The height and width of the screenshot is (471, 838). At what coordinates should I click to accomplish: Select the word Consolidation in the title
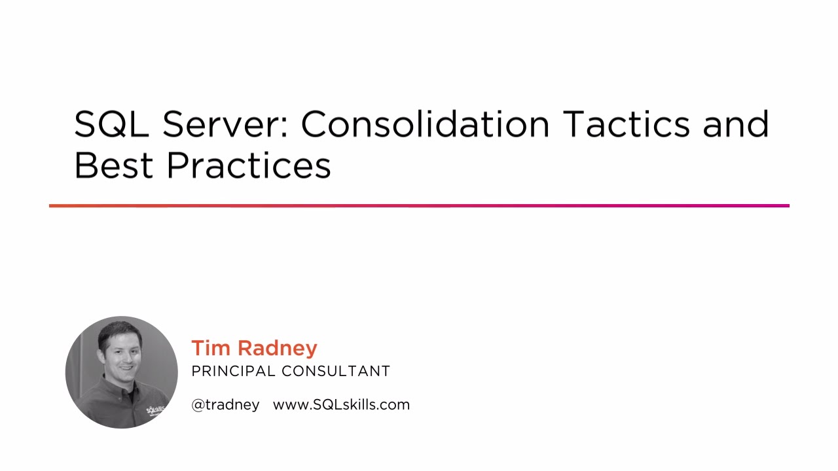(425, 124)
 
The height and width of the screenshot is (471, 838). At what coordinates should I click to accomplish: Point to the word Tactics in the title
(626, 124)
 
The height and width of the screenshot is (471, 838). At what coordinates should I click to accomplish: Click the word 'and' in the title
(736, 124)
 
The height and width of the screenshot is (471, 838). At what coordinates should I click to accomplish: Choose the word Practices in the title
(249, 166)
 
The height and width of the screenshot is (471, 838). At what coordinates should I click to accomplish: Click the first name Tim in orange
(211, 348)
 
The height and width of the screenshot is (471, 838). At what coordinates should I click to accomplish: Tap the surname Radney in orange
(277, 349)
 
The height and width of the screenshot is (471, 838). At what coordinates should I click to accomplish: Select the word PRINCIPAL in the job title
(234, 372)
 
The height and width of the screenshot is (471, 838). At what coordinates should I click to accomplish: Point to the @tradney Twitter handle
(225, 405)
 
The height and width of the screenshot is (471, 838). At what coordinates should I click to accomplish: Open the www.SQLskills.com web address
(341, 405)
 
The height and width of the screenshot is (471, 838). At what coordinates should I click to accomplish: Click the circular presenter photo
(122, 372)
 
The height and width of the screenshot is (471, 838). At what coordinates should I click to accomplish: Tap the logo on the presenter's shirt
(155, 411)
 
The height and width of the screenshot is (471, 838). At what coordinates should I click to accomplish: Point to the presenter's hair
(118, 331)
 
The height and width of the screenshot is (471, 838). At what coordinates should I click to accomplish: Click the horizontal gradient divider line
(419, 206)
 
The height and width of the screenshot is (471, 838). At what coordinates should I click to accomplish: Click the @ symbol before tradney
(198, 406)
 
